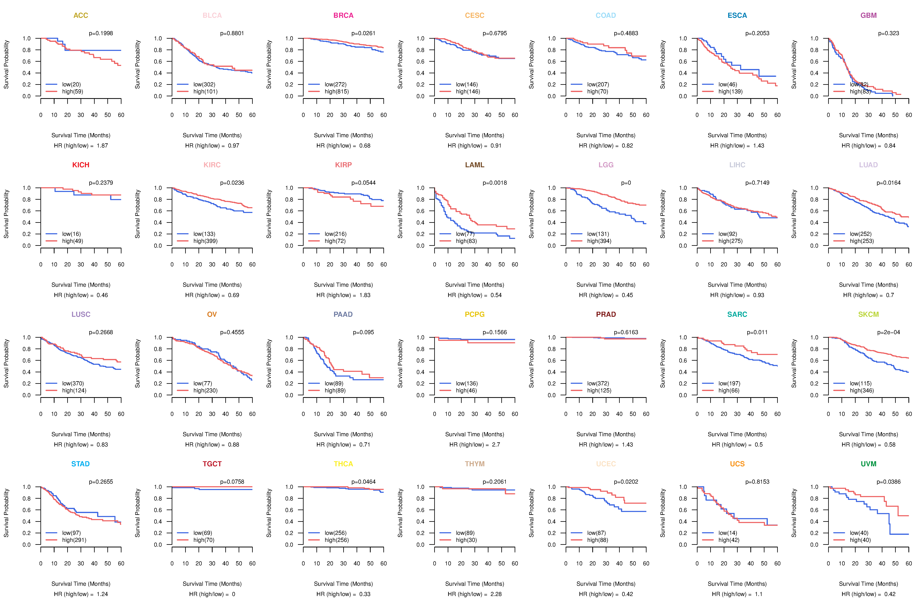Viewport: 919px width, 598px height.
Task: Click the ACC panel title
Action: pos(81,15)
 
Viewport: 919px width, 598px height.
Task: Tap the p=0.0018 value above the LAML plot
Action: pos(495,183)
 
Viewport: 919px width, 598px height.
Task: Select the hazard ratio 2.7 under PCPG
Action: pos(496,445)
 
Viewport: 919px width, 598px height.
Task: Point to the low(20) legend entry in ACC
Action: pos(71,84)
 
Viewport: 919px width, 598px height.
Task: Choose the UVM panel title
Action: pos(868,464)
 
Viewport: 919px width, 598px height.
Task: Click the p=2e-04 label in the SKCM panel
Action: pos(889,332)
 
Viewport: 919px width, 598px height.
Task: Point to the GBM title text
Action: pos(868,15)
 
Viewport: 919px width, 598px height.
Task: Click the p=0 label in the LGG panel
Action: pos(626,183)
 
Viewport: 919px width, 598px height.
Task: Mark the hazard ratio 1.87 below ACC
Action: pos(102,146)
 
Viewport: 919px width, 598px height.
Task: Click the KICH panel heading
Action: pos(81,165)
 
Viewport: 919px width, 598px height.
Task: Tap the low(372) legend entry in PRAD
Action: pos(598,383)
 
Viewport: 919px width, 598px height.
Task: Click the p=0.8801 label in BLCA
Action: pos(232,33)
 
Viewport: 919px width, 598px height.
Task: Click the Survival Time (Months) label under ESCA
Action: pos(737,135)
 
